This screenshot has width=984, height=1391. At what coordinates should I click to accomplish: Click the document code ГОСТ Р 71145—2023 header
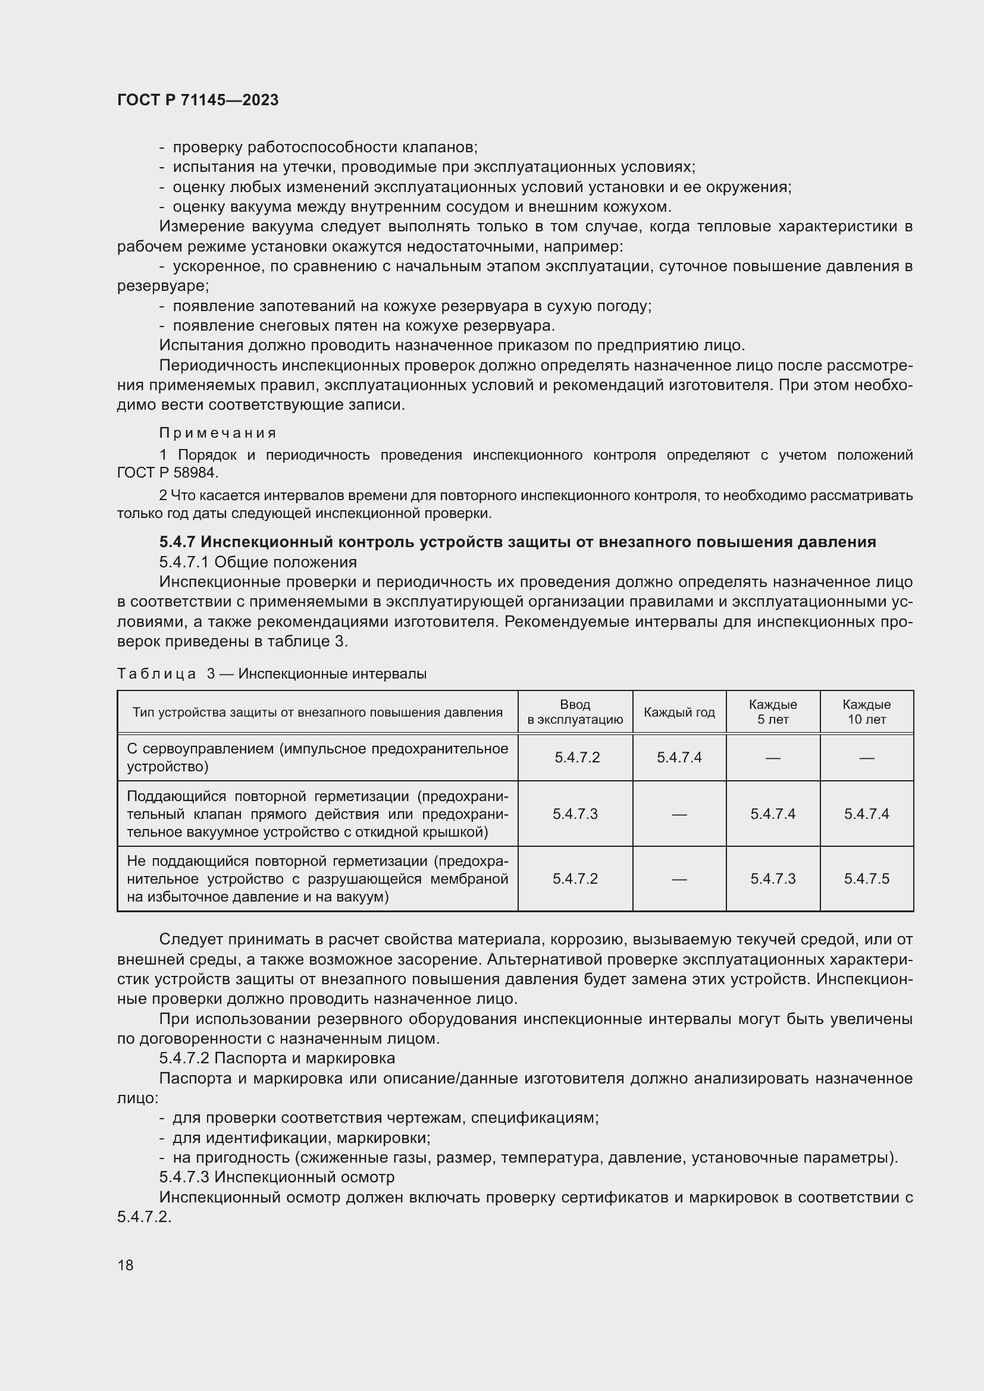[198, 101]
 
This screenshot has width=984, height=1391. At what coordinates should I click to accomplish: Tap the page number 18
[126, 1264]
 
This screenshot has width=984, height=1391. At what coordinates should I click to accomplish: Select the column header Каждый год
[679, 712]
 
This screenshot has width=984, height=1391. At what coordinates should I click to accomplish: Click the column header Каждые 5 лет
[773, 712]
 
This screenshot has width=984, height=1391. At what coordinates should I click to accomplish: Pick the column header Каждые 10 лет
[866, 712]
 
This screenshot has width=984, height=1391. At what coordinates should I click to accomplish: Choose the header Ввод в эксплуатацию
[575, 712]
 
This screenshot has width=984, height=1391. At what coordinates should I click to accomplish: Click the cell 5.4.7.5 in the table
[866, 878]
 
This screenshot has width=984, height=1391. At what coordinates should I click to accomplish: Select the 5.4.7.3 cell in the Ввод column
[575, 814]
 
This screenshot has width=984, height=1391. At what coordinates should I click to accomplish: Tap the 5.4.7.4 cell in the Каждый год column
[679, 757]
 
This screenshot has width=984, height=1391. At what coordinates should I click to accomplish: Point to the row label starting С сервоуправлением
[317, 757]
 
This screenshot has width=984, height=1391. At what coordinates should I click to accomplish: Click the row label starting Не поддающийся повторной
[317, 878]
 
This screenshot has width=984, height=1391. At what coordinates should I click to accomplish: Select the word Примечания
[218, 433]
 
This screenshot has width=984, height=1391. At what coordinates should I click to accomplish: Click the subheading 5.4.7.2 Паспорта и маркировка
[277, 1058]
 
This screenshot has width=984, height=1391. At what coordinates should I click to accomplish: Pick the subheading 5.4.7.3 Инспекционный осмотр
[276, 1177]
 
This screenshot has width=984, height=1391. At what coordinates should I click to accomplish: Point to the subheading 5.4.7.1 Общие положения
[258, 562]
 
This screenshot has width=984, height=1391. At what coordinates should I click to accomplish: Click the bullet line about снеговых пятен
[363, 326]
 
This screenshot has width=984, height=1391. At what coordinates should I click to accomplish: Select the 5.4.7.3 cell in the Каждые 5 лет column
[773, 878]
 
